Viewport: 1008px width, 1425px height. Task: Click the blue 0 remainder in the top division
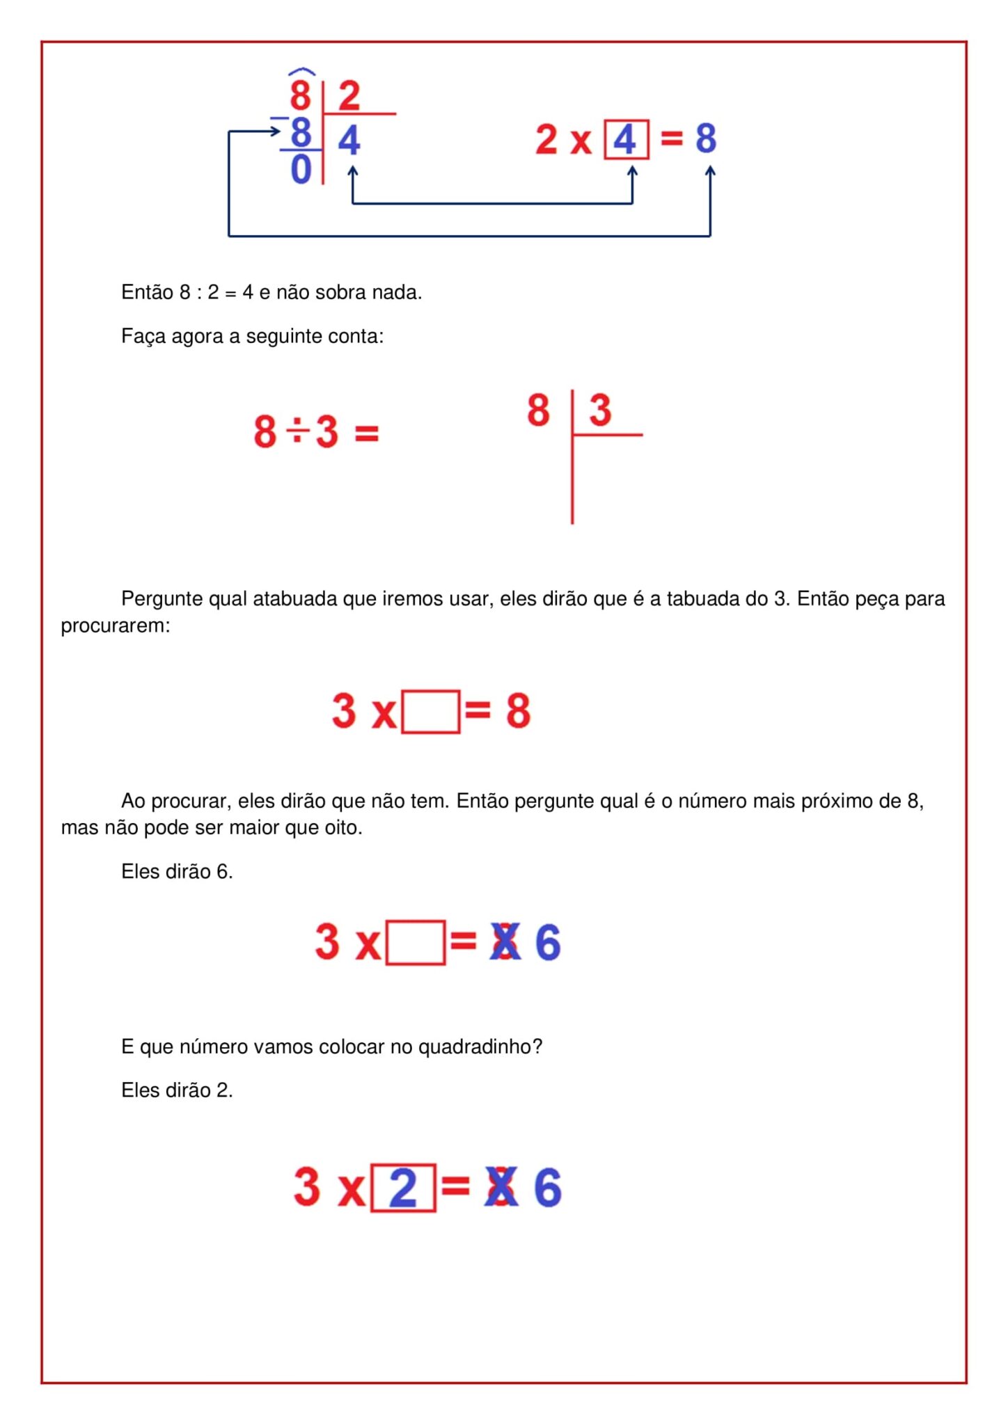[x=301, y=169]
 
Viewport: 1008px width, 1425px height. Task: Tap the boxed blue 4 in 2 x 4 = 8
[x=626, y=139]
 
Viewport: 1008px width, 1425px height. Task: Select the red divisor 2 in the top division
[x=349, y=95]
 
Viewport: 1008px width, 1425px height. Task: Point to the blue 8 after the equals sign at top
[x=706, y=138]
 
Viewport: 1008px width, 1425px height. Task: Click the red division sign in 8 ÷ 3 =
[x=297, y=431]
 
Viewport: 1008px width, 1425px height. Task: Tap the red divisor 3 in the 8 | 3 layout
[x=600, y=410]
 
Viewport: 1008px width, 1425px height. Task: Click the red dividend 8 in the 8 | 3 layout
[x=538, y=410]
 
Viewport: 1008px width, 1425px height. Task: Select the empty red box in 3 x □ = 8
[x=431, y=711]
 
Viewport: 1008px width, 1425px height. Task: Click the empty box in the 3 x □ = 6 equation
[x=416, y=942]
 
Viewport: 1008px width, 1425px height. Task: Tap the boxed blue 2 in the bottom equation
[x=403, y=1188]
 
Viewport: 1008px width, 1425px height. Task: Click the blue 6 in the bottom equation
[x=548, y=1188]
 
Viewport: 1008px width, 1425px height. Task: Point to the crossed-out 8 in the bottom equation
[x=503, y=1188]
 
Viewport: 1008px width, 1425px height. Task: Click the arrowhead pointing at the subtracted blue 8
[x=276, y=130]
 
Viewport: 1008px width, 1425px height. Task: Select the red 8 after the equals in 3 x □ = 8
[x=518, y=711]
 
